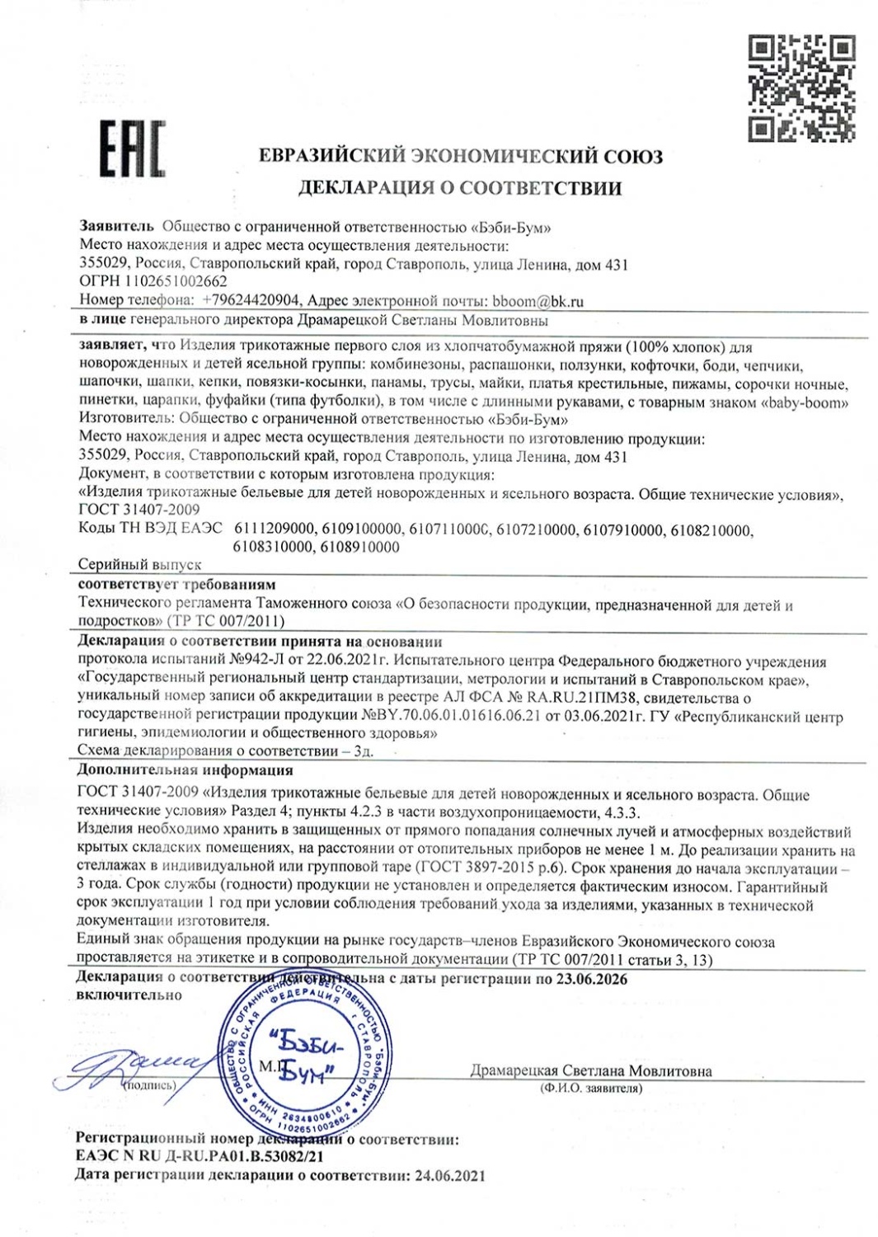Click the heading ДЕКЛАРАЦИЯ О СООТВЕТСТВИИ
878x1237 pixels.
pyautogui.click(x=459, y=188)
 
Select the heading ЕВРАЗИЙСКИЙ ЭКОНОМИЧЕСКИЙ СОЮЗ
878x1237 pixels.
pyautogui.click(x=460, y=156)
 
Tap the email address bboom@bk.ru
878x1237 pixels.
pyautogui.click(x=537, y=301)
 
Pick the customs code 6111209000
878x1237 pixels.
pyautogui.click(x=275, y=529)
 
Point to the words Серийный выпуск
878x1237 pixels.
pyautogui.click(x=140, y=565)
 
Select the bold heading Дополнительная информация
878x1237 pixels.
pyautogui.click(x=185, y=770)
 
